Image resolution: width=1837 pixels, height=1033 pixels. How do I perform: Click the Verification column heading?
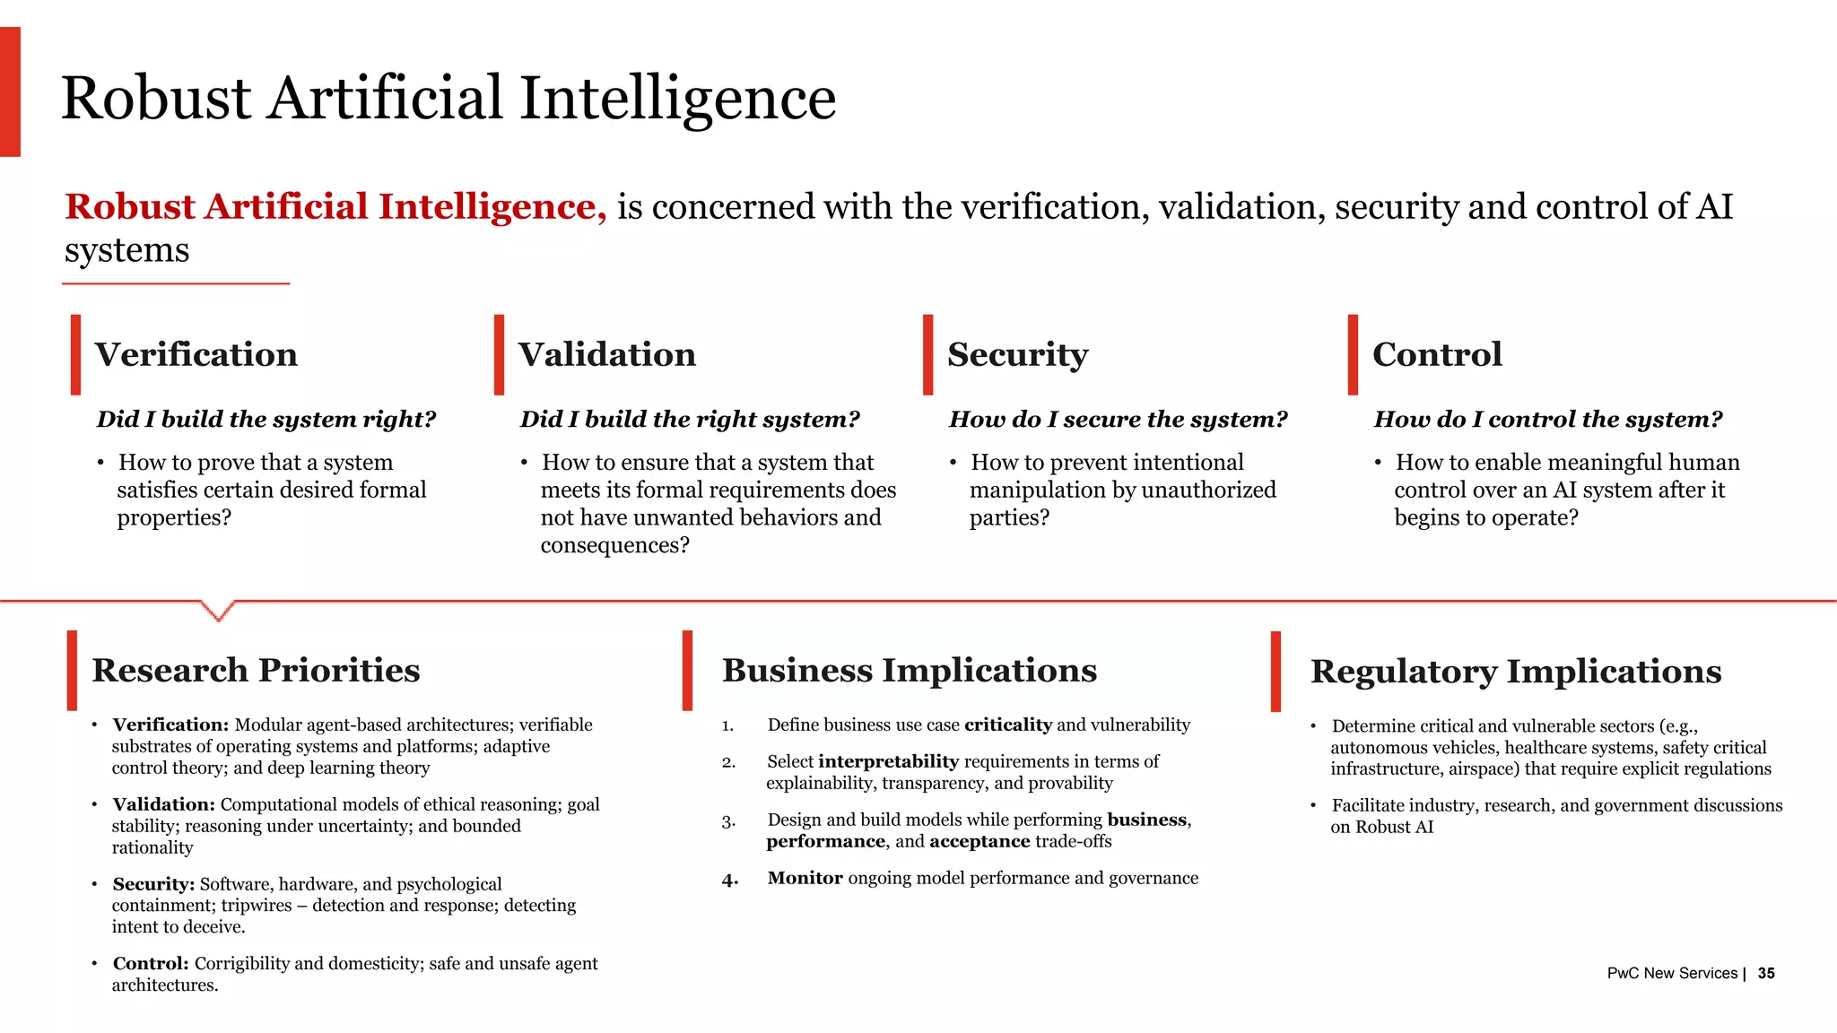click(196, 354)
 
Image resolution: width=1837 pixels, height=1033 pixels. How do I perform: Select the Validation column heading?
click(606, 354)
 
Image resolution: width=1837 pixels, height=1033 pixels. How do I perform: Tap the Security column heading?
click(1017, 355)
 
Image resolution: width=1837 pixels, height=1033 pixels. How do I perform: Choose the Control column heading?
click(1437, 354)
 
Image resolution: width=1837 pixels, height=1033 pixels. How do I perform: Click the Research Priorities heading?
click(256, 671)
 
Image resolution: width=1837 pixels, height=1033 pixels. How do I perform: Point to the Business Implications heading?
click(909, 671)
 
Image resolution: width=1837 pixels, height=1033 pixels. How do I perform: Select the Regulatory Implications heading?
click(1515, 672)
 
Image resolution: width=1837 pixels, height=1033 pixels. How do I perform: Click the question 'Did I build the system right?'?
click(266, 420)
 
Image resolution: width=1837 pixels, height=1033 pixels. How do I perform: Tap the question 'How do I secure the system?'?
click(1118, 420)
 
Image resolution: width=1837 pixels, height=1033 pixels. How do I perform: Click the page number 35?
click(1766, 973)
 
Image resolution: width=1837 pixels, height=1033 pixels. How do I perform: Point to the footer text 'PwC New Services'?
click(1672, 973)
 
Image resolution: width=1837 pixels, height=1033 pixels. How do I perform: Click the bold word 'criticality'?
click(1008, 725)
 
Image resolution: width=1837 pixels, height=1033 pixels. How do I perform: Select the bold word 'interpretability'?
click(888, 761)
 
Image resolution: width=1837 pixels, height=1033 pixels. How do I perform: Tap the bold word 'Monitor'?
click(805, 878)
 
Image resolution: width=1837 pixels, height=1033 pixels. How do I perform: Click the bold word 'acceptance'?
click(979, 841)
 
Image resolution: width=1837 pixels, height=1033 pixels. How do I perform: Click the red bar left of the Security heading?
click(927, 354)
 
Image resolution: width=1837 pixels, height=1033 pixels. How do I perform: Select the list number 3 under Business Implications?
click(728, 821)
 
